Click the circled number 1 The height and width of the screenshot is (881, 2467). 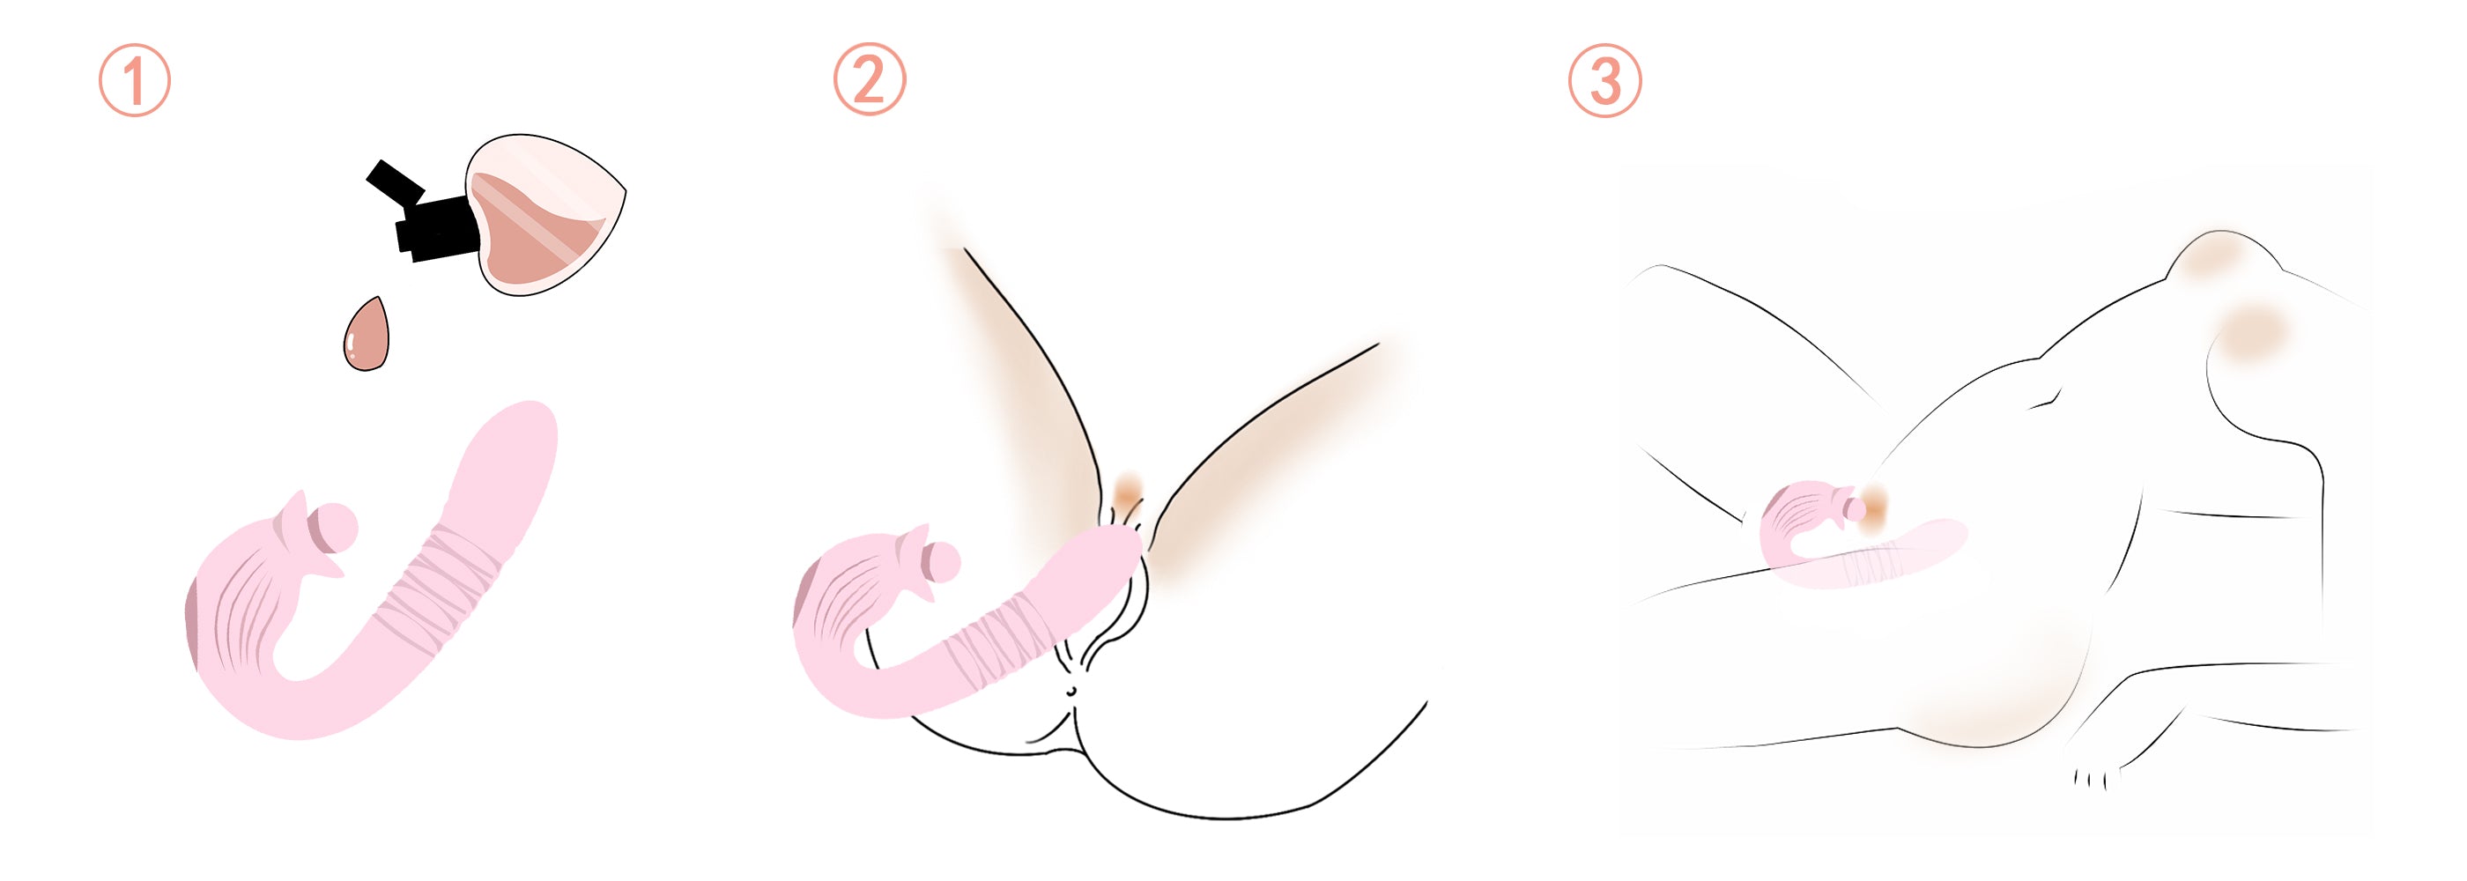135,80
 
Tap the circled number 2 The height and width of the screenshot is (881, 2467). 869,79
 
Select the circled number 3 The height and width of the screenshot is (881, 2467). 1605,80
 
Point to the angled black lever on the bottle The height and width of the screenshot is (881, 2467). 395,182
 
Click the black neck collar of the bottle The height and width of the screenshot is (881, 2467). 437,228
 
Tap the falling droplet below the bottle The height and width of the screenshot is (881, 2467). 367,335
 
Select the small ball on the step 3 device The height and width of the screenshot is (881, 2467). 1858,509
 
